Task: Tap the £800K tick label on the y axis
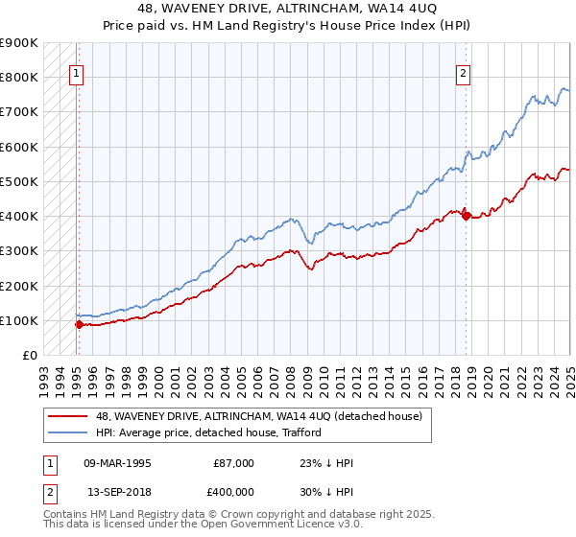(19, 77)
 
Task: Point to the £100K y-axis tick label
(19, 320)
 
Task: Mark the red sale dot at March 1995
(79, 324)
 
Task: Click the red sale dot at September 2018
(466, 216)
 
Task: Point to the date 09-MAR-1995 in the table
(117, 463)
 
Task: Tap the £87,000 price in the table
(234, 463)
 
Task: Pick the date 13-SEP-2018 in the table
(117, 490)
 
